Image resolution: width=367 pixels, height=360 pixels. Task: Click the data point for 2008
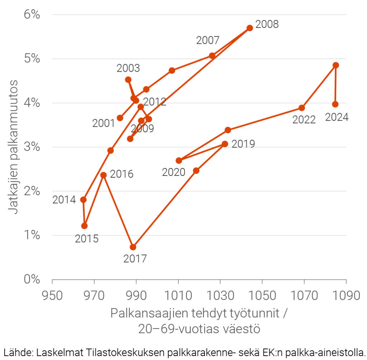pyautogui.click(x=250, y=28)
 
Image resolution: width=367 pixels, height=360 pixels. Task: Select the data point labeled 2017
pyautogui.click(x=133, y=247)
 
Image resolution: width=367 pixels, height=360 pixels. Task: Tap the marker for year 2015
pyautogui.click(x=84, y=226)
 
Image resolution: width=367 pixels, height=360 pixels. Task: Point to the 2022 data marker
pyautogui.click(x=302, y=108)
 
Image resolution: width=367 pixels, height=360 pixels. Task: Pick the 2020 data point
pyautogui.click(x=179, y=160)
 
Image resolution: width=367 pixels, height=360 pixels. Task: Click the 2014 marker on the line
pyautogui.click(x=83, y=200)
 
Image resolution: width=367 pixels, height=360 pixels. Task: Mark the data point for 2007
pyautogui.click(x=212, y=56)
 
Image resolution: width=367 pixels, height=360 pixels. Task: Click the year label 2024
pyautogui.click(x=337, y=117)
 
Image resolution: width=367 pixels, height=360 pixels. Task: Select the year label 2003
pyautogui.click(x=128, y=68)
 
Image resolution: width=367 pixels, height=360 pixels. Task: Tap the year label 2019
pyautogui.click(x=243, y=144)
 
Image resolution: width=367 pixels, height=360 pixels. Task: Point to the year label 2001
pyautogui.click(x=104, y=123)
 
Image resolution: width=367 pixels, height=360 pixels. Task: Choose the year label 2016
pyautogui.click(x=121, y=174)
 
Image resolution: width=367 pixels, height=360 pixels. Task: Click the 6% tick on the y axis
pyautogui.click(x=31, y=15)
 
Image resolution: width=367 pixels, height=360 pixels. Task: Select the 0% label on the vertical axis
pyautogui.click(x=31, y=279)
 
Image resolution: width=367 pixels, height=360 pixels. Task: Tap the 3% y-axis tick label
pyautogui.click(x=31, y=147)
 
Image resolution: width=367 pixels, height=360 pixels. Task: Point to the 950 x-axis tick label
pyautogui.click(x=52, y=296)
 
